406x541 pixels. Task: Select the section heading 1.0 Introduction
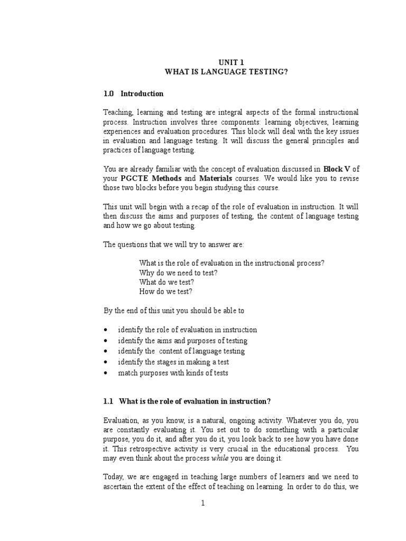(134, 94)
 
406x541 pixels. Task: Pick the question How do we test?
(165, 291)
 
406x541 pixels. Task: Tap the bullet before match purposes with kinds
(106, 373)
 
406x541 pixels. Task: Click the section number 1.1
(108, 402)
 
